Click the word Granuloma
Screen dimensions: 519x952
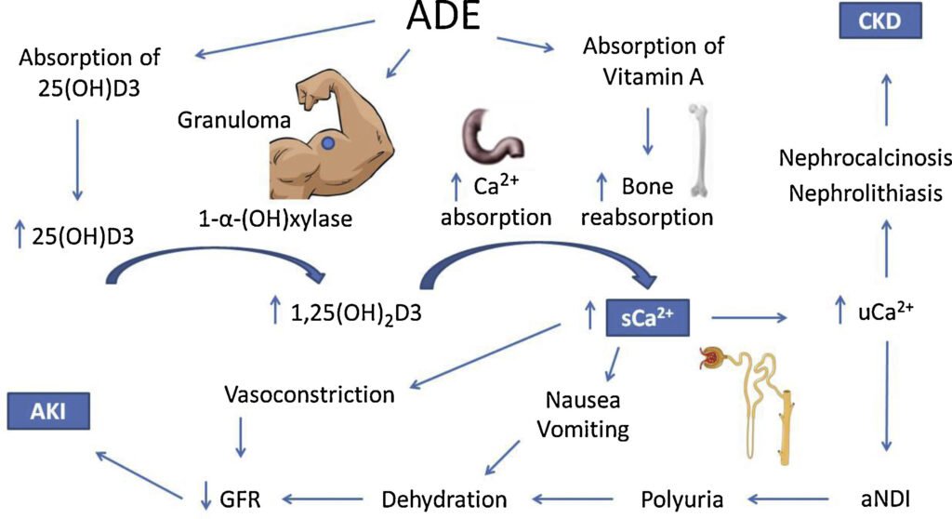pos(221,121)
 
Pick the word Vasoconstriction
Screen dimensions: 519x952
pos(310,393)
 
